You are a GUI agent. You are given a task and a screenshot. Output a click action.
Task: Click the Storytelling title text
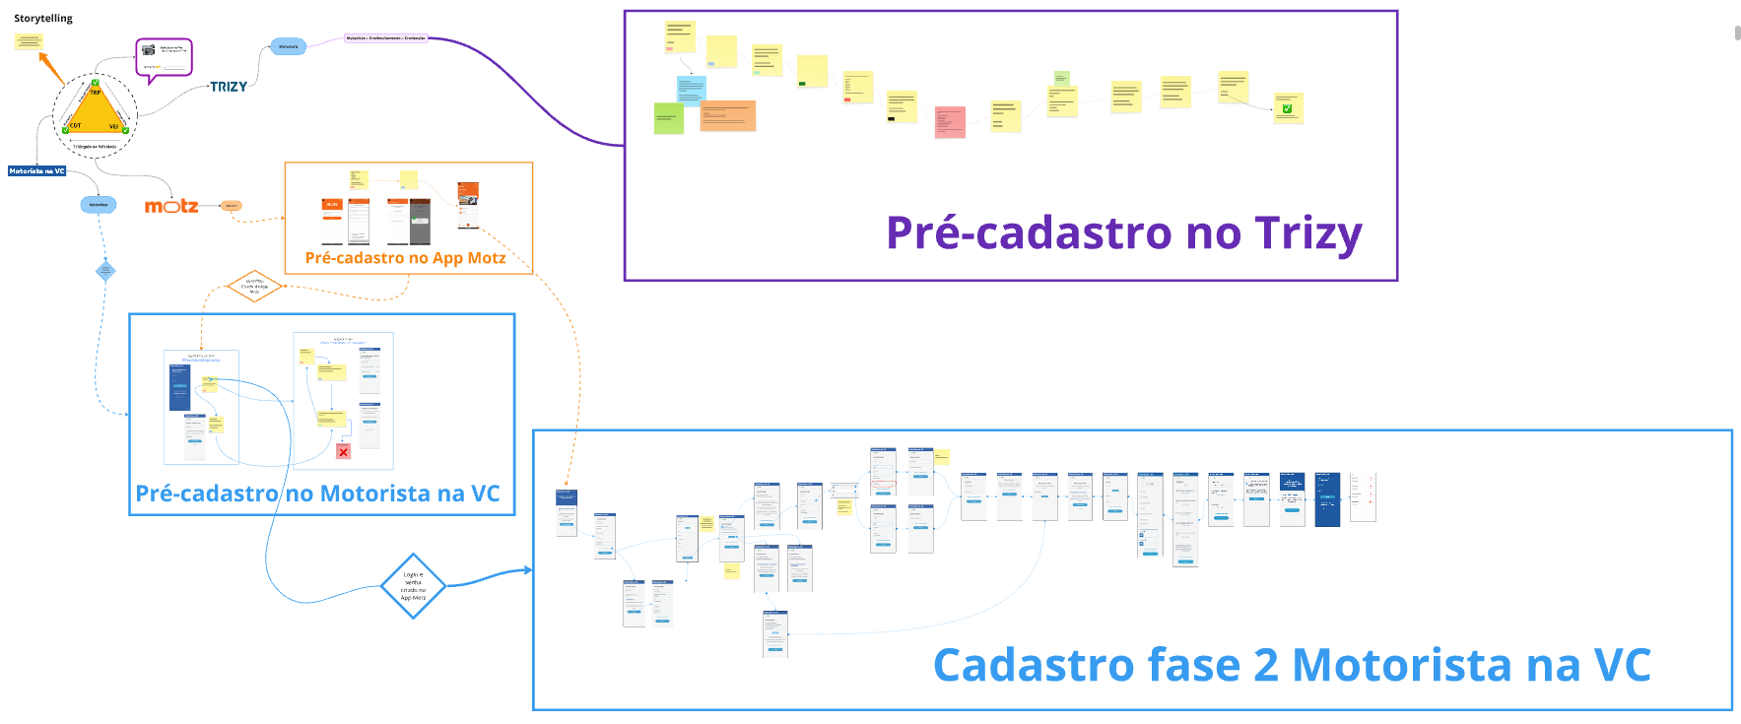[x=43, y=18]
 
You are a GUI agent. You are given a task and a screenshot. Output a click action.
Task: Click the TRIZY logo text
[x=229, y=87]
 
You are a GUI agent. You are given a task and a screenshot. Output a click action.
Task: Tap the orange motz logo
[x=171, y=206]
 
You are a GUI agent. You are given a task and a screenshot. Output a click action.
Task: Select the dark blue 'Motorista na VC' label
[x=36, y=171]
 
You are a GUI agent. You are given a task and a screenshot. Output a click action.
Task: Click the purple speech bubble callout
[x=164, y=58]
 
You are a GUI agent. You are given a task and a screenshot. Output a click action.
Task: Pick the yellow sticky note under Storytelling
[x=29, y=41]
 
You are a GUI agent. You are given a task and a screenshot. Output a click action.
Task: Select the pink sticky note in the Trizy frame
[x=950, y=122]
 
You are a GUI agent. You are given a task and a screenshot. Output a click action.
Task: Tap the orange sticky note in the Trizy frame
[x=728, y=116]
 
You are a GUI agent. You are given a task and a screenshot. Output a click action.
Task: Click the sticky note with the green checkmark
[x=1288, y=107]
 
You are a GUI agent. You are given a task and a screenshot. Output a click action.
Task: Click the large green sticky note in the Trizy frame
[x=669, y=118]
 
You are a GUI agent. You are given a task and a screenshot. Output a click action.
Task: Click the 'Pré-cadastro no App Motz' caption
[x=405, y=258]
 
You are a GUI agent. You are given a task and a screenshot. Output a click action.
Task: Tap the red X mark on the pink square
[x=343, y=452]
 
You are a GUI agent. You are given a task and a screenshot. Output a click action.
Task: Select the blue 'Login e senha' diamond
[x=413, y=586]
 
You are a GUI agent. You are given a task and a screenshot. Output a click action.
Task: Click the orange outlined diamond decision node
[x=254, y=287]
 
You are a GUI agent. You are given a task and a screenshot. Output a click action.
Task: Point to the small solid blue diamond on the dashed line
[x=105, y=271]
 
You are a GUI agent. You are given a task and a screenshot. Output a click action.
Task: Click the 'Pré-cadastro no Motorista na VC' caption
[x=317, y=494]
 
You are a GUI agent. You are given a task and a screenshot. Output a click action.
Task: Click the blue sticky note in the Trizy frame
[x=691, y=89]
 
